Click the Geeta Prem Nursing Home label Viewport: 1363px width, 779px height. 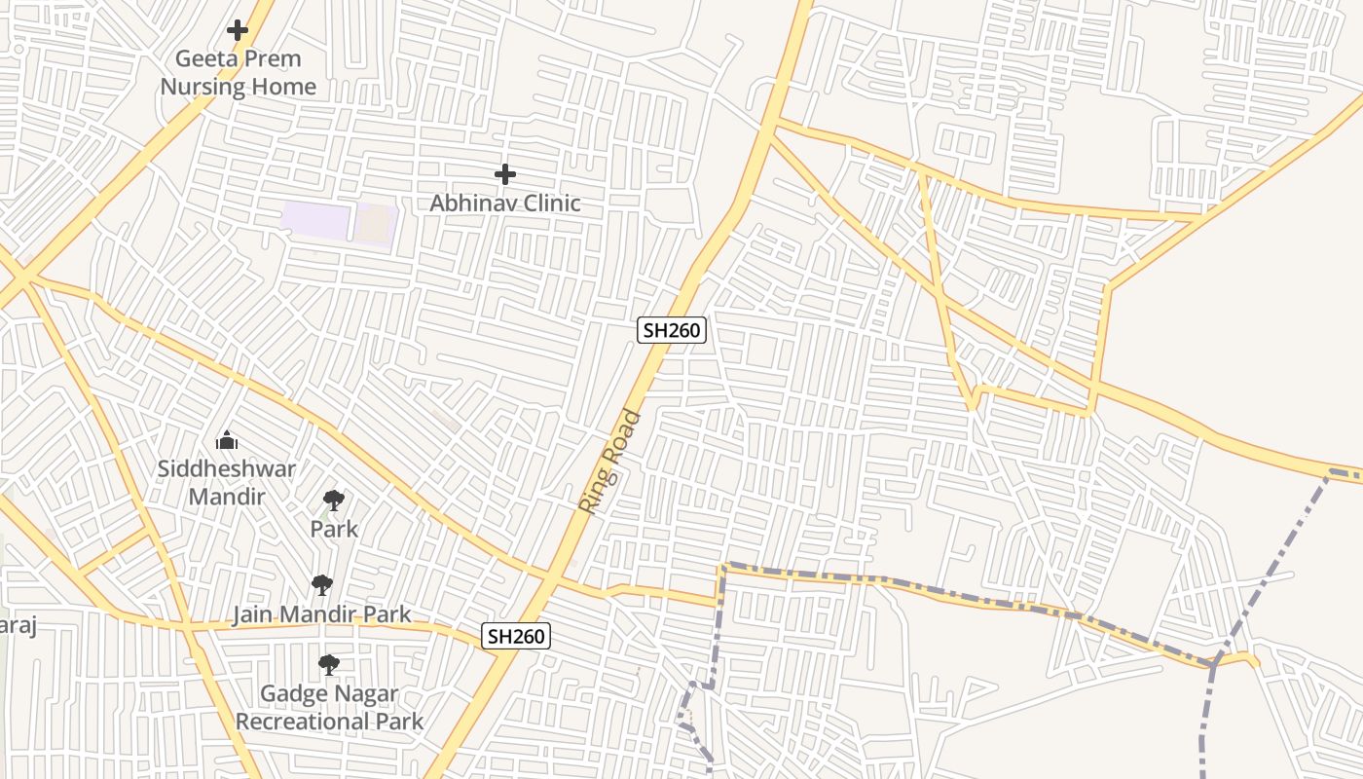(239, 72)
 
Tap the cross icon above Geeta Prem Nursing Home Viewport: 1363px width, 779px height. (238, 30)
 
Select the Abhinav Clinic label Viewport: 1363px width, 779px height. (505, 203)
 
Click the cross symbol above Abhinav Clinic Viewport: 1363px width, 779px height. (505, 174)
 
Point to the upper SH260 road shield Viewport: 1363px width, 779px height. (671, 330)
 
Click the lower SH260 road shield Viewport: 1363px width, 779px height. (516, 637)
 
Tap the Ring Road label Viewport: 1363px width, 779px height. (610, 463)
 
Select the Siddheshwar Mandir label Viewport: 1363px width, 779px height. (227, 482)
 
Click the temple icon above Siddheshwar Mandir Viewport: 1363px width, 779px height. (227, 441)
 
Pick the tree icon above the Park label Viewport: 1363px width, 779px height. (334, 501)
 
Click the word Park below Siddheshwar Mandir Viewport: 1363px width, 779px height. (334, 529)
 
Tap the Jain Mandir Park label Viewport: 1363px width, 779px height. (321, 614)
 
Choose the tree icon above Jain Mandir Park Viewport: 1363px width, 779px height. (322, 585)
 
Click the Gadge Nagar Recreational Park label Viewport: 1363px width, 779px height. (329, 708)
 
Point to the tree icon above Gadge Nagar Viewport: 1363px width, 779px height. (329, 665)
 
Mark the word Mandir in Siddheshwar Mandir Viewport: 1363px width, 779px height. (227, 497)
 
